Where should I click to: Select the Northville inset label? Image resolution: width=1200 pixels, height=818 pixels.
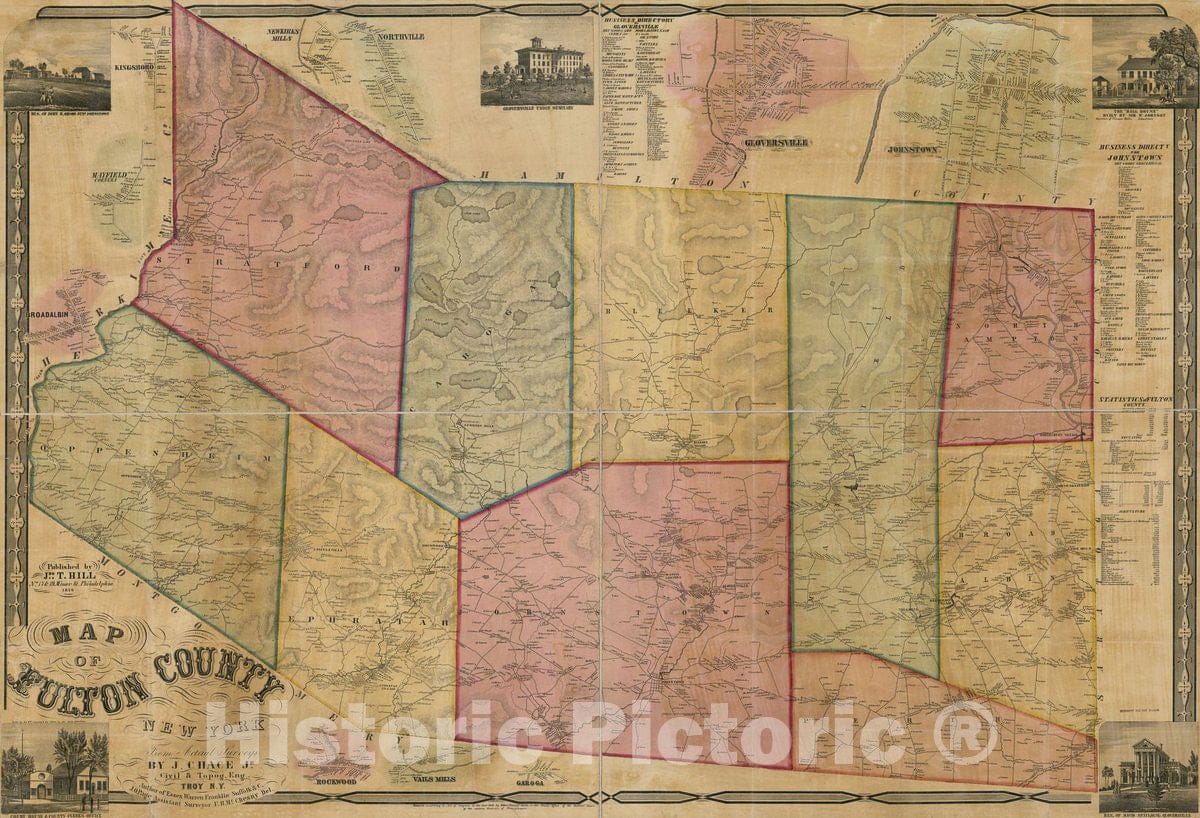(x=400, y=38)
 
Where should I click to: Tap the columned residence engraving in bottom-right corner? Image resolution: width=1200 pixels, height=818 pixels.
(x=1146, y=765)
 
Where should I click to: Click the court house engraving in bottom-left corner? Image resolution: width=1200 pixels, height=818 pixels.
(x=55, y=768)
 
